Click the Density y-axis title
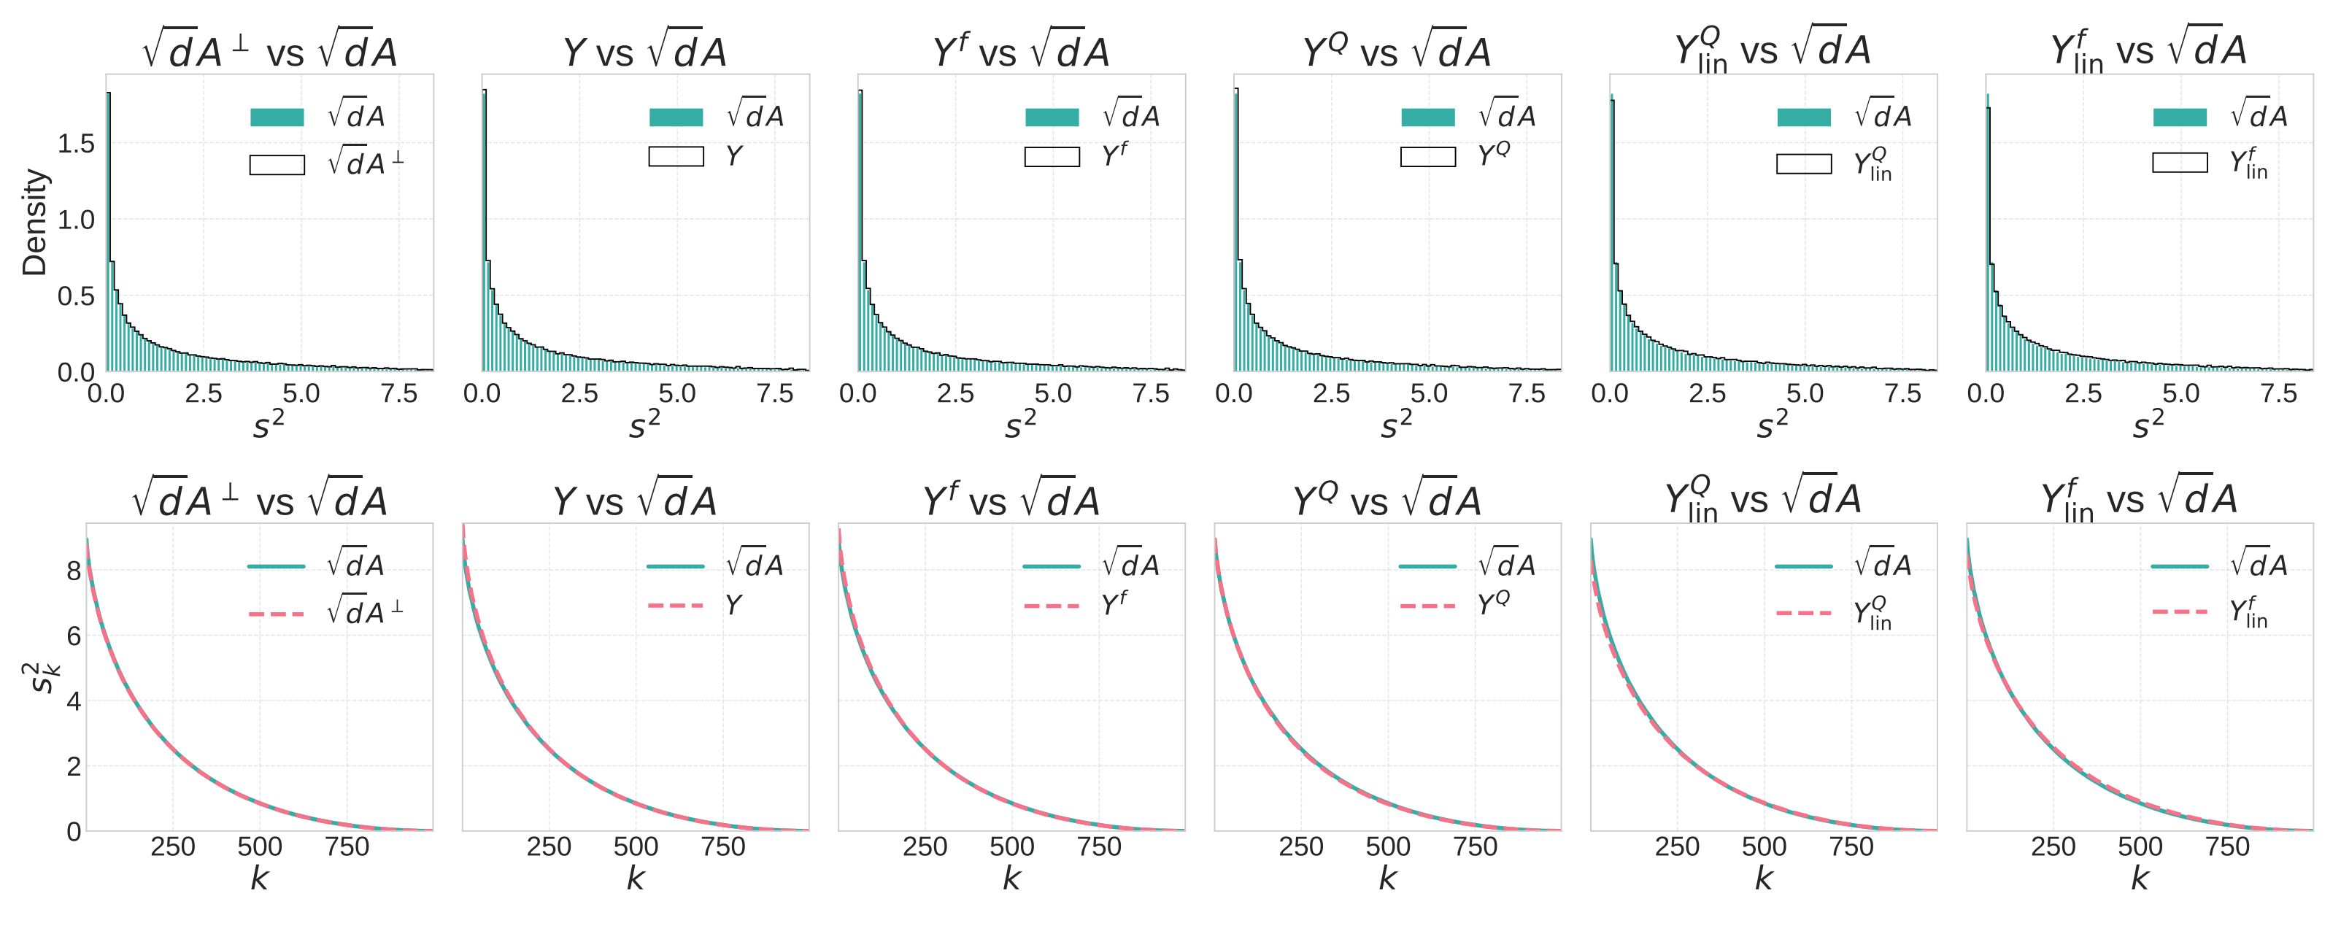[x=34, y=222]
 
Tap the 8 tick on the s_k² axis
[x=74, y=571]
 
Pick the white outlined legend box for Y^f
[x=1052, y=157]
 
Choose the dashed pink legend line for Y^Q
[x=1427, y=605]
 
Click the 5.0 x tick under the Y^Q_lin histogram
[x=1804, y=394]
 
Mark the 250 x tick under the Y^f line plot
[x=925, y=846]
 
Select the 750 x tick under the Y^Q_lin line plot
[x=1851, y=846]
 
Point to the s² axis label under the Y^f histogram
[x=1019, y=424]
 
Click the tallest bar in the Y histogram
[x=485, y=227]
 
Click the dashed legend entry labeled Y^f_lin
[x=2179, y=611]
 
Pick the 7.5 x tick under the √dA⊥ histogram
[x=399, y=394]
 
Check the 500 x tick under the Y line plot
[x=635, y=846]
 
